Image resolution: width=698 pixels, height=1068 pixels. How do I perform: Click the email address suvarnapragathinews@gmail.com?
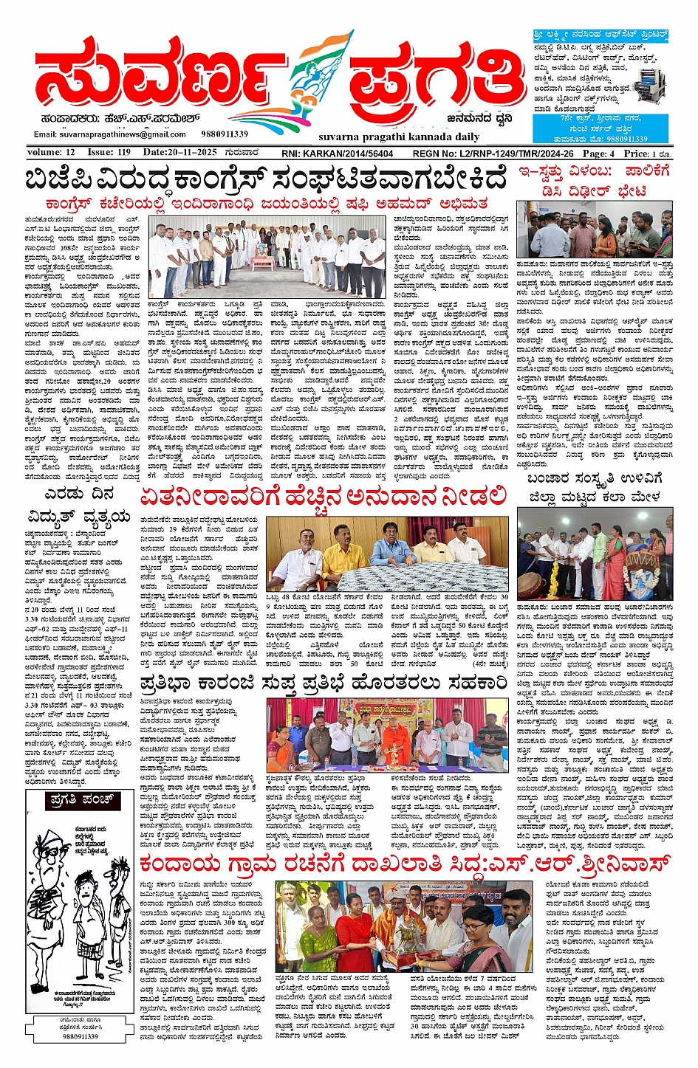[110, 134]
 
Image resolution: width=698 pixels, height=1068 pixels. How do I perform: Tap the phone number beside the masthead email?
[225, 134]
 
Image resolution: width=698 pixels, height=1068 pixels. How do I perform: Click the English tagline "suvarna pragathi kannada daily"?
[399, 137]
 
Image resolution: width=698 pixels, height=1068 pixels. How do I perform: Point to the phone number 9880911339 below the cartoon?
[81, 1036]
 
